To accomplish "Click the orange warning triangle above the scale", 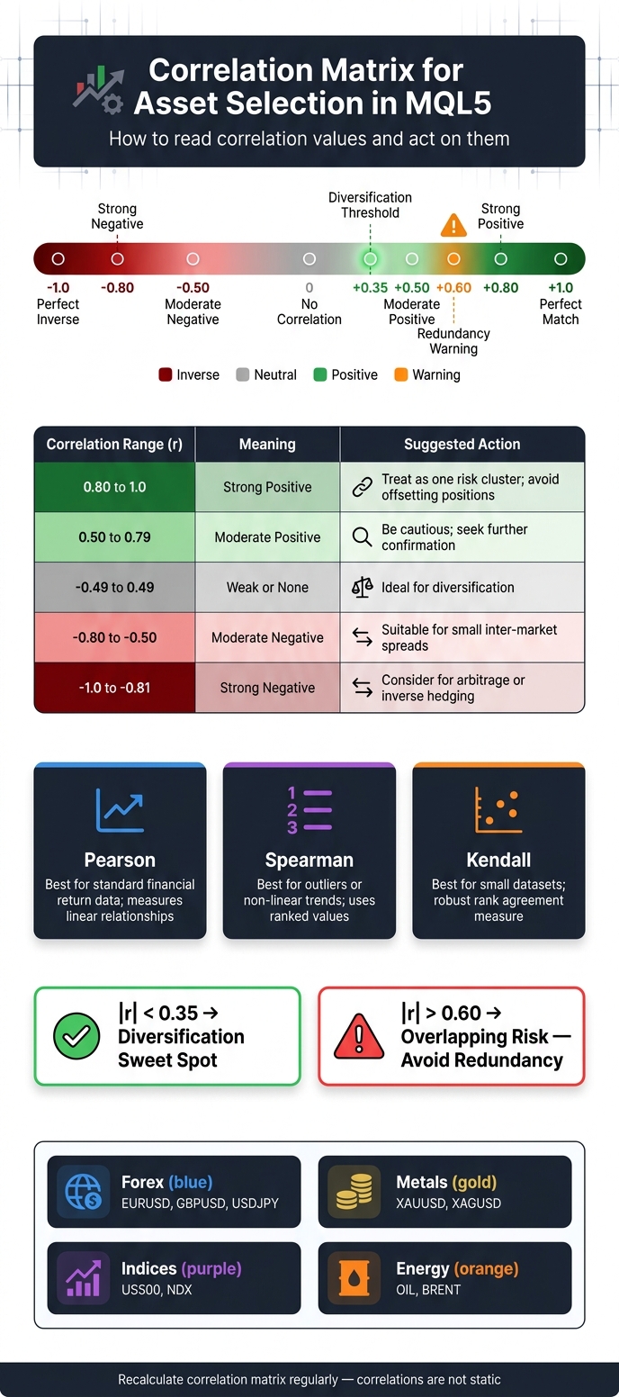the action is pyautogui.click(x=453, y=226).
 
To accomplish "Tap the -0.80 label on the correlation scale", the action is pyautogui.click(x=117, y=287).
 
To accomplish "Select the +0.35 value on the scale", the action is pyautogui.click(x=371, y=287).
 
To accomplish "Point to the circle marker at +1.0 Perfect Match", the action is pyautogui.click(x=561, y=259).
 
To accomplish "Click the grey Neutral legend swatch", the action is pyautogui.click(x=243, y=374).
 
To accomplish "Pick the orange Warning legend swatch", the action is pyautogui.click(x=401, y=374).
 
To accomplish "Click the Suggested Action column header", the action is pyautogui.click(x=462, y=444).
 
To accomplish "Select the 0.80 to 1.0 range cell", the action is pyautogui.click(x=114, y=487).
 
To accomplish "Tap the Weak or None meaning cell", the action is pyautogui.click(x=267, y=588).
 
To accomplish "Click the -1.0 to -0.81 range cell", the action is pyautogui.click(x=114, y=688).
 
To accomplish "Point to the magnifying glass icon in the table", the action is pyautogui.click(x=363, y=537).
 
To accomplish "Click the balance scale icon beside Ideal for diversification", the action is pyautogui.click(x=363, y=588).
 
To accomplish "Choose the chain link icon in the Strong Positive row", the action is pyautogui.click(x=363, y=487).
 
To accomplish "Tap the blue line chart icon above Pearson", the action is pyautogui.click(x=120, y=810).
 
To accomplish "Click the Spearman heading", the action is pyautogui.click(x=309, y=860).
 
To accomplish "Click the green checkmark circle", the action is pyautogui.click(x=76, y=1037).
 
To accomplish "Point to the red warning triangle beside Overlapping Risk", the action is pyautogui.click(x=359, y=1037).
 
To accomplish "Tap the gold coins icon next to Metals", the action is pyautogui.click(x=354, y=1191).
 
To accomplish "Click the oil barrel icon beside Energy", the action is pyautogui.click(x=354, y=1278).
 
